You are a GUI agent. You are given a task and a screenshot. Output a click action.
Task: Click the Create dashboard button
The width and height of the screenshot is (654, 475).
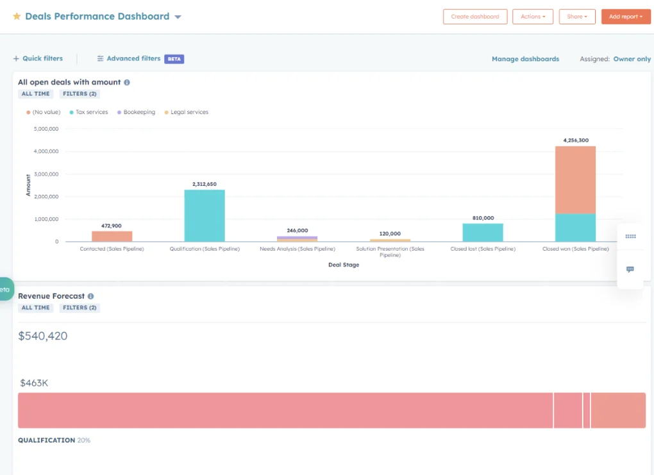click(474, 17)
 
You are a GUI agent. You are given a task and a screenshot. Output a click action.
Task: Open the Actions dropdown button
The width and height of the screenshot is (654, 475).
click(533, 17)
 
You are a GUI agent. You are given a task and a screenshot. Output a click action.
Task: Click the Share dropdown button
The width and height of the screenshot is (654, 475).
click(576, 17)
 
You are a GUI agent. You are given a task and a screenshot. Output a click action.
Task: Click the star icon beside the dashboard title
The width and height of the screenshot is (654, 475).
click(17, 17)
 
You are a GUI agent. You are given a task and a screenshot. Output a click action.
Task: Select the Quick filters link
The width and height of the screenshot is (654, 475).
click(38, 58)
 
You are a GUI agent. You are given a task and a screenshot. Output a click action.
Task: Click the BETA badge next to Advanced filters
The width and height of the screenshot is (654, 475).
click(174, 59)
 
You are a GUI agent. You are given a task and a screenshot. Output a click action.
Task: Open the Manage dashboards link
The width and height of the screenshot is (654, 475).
click(525, 59)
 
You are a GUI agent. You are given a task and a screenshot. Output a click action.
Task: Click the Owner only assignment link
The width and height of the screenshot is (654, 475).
click(632, 59)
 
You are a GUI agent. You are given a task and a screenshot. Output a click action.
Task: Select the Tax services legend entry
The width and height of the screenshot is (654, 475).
click(92, 112)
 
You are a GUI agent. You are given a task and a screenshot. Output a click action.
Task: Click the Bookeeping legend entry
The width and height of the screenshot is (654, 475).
click(139, 112)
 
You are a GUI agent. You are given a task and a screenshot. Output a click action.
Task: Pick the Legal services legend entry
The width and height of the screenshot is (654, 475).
click(189, 112)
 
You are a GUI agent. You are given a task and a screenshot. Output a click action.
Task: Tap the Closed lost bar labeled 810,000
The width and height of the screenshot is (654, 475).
click(483, 232)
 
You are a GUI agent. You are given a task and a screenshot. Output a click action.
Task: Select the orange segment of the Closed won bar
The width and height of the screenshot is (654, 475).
click(575, 179)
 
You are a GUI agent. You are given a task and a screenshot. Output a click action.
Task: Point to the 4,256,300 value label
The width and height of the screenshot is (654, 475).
click(575, 140)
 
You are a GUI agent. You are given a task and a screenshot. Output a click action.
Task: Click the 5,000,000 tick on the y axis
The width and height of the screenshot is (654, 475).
click(45, 129)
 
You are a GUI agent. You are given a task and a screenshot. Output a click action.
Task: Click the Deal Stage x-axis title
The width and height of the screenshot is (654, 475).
click(344, 265)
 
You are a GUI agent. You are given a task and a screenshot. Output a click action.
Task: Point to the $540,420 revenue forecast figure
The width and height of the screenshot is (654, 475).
click(43, 336)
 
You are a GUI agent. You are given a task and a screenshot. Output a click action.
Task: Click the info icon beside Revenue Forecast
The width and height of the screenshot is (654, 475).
click(90, 296)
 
